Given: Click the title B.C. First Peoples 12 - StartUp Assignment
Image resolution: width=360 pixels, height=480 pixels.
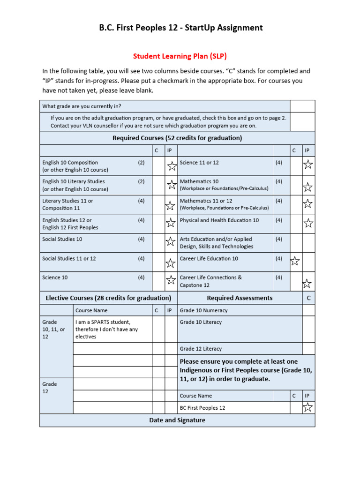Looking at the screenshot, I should pyautogui.click(x=180, y=28).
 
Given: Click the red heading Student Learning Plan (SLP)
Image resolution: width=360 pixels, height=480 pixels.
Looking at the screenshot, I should pyautogui.click(x=180, y=56).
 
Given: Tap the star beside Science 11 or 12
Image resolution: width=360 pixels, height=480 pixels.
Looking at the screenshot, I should pyautogui.click(x=308, y=165).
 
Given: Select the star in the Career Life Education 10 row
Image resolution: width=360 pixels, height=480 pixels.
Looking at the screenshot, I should pyautogui.click(x=295, y=261).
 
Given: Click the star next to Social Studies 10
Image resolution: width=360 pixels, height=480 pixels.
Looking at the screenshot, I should pyautogui.click(x=171, y=242).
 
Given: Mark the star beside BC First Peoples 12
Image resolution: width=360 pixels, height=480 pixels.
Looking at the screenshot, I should pyautogui.click(x=307, y=407).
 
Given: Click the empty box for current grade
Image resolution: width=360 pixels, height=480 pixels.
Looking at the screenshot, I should pyautogui.click(x=302, y=106).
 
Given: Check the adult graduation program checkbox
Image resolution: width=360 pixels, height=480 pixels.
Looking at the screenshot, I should pyautogui.click(x=302, y=122).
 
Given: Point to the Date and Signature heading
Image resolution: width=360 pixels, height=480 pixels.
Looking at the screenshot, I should pyautogui.click(x=177, y=420).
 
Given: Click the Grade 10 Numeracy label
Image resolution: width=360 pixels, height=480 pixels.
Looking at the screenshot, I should pyautogui.click(x=203, y=310).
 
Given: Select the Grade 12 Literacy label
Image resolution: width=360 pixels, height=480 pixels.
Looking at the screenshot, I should pyautogui.click(x=201, y=349).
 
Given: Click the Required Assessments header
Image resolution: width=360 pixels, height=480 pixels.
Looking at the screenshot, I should pyautogui.click(x=240, y=298).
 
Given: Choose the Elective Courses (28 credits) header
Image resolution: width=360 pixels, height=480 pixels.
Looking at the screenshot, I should pyautogui.click(x=108, y=298).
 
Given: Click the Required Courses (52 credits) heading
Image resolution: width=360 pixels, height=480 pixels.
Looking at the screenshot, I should pyautogui.click(x=177, y=138).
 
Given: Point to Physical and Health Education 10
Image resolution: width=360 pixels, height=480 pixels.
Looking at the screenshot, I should pyautogui.click(x=219, y=220).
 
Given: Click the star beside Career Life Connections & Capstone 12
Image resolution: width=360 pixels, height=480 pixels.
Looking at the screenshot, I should pyautogui.click(x=307, y=283).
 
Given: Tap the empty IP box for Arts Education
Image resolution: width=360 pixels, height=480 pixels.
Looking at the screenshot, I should pyautogui.click(x=308, y=243).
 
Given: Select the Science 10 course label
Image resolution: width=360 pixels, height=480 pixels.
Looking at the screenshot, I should pyautogui.click(x=55, y=277).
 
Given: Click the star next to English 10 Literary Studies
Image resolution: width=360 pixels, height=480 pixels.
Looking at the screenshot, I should pyautogui.click(x=172, y=185).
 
